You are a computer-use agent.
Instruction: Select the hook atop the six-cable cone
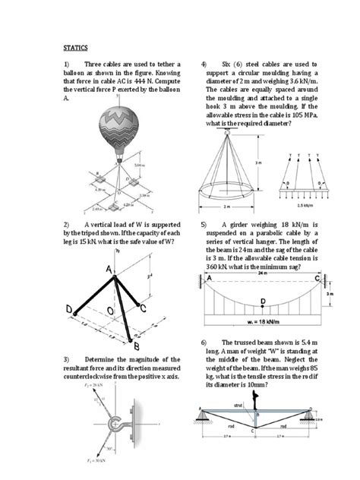(227, 131)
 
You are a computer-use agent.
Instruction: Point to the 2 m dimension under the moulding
(226, 205)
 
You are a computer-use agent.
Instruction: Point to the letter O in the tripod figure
(112, 311)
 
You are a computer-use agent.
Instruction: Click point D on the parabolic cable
(262, 302)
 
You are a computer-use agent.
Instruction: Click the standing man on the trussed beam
(261, 396)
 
